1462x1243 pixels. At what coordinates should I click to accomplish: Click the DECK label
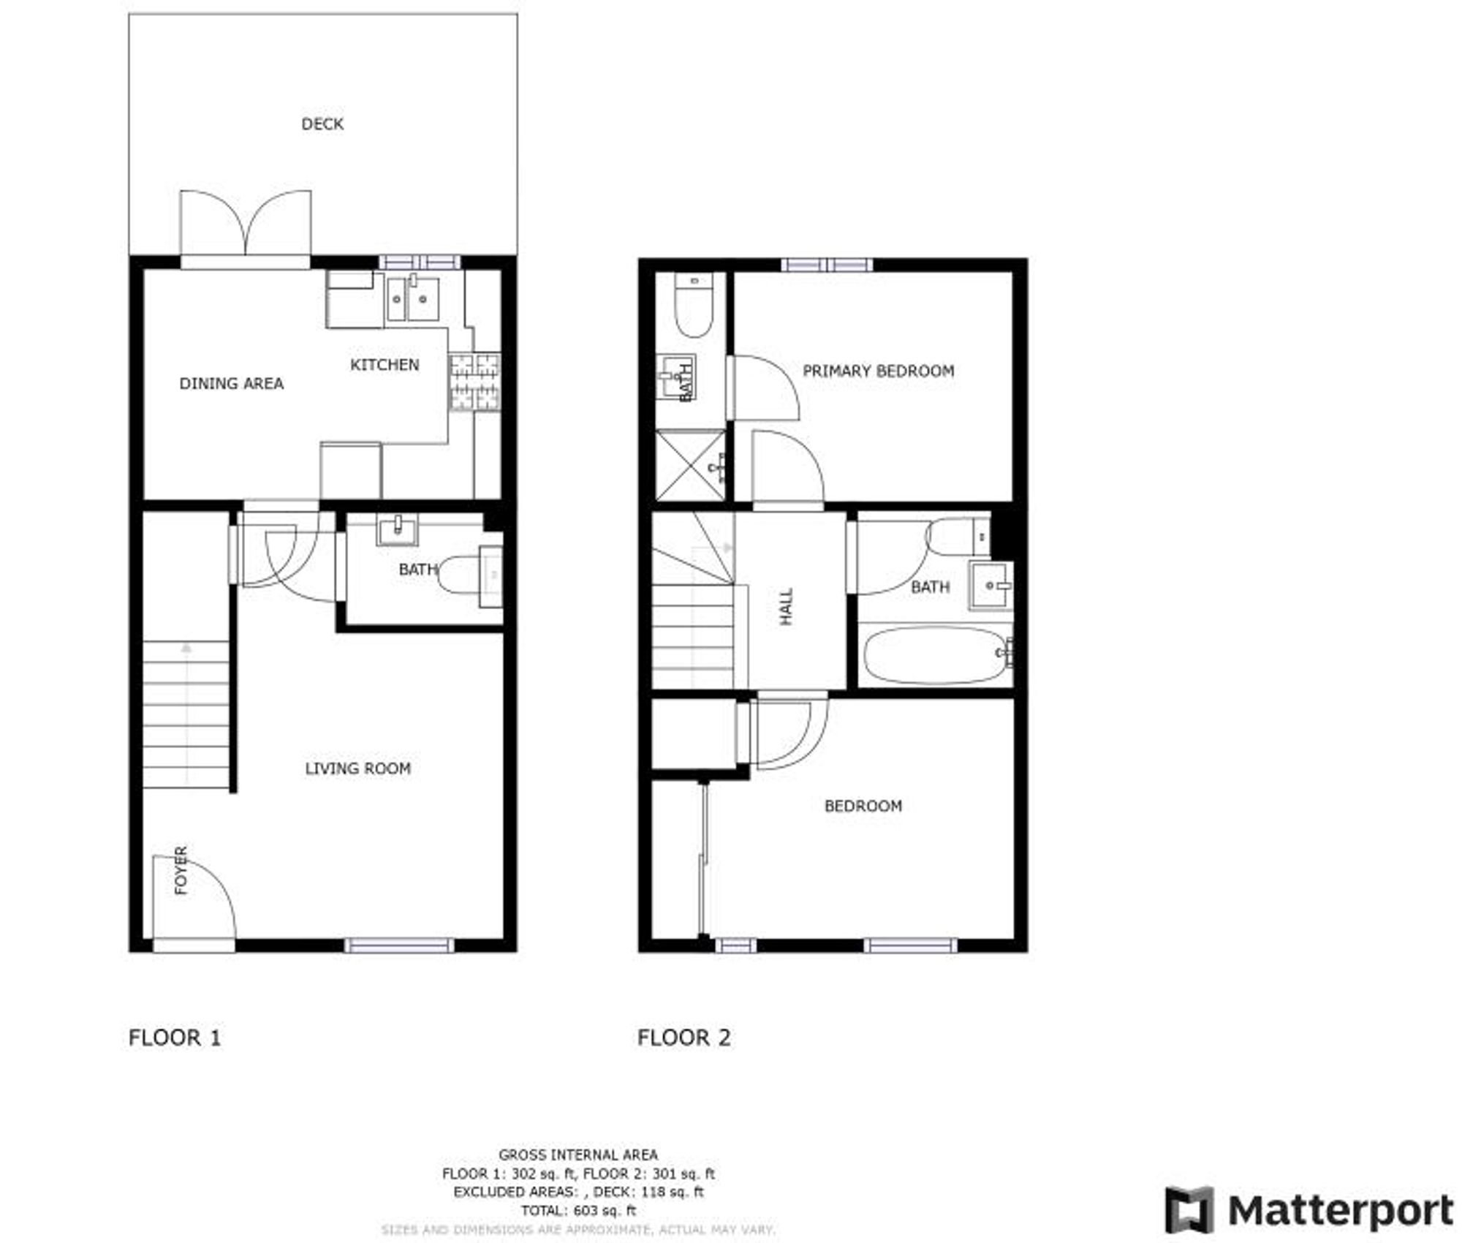pos(322,124)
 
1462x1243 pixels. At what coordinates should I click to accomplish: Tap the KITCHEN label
pos(385,365)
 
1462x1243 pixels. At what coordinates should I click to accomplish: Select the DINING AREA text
pos(231,383)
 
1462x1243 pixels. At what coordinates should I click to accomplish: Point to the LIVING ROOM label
pos(357,768)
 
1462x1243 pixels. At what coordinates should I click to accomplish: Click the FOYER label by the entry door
pos(181,870)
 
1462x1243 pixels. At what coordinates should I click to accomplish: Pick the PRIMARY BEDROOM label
pos(878,371)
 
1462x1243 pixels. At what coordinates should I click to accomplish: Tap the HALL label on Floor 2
pos(787,606)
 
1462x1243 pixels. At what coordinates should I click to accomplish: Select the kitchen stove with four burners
pos(474,382)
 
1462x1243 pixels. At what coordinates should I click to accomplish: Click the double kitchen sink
pos(412,298)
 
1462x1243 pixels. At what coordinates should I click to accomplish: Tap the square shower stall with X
pos(689,466)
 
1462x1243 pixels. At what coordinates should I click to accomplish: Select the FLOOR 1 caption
pos(174,1038)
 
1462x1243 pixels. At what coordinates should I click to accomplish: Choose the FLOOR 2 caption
pos(683,1038)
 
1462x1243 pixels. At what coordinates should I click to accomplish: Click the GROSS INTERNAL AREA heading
pos(577,1155)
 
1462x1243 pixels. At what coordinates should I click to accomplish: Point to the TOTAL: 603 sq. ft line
pos(577,1211)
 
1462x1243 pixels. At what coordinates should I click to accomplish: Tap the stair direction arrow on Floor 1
pos(186,647)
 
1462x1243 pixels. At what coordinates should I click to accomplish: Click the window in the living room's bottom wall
pos(399,945)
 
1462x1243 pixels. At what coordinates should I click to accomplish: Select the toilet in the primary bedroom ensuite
pos(693,307)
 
